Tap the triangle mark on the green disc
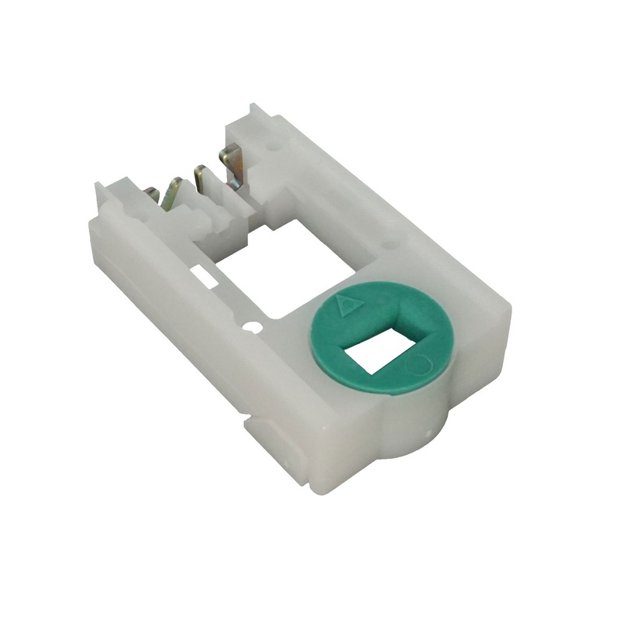tap(350, 304)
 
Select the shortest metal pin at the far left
tap(153, 195)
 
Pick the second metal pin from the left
tap(172, 192)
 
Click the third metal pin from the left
tap(200, 180)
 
